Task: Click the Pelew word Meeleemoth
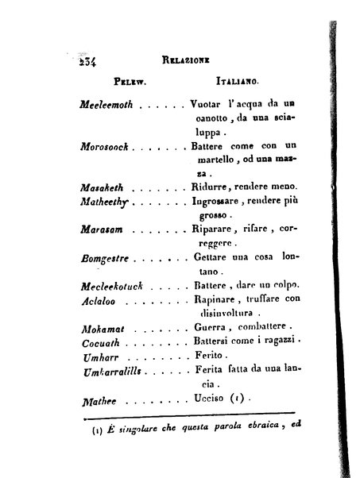109,104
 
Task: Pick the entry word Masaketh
102,187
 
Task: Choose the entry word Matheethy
104,202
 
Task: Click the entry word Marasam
99,230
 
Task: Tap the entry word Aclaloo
97,300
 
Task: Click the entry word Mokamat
100,328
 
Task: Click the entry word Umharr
96,357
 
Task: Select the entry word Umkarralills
112,371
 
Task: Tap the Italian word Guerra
211,328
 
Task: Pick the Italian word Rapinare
216,300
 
